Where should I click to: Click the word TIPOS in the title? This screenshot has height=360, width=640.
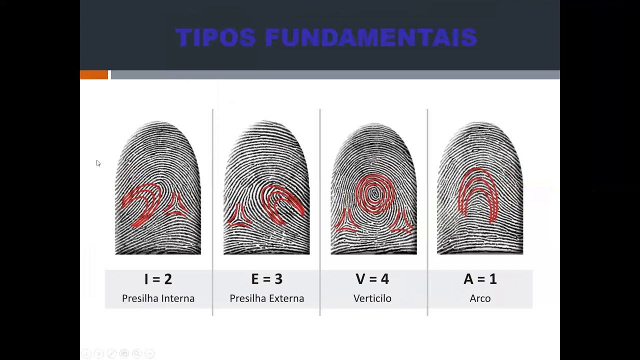click(215, 38)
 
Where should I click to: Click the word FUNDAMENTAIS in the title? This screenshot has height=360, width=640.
click(371, 38)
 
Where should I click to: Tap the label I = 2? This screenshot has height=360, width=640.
click(158, 279)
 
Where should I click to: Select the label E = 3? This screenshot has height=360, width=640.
click(266, 279)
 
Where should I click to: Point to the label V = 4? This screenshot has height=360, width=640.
click(372, 279)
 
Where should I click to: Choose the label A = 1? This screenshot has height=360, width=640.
click(480, 279)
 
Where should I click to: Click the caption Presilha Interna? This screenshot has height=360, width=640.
click(158, 298)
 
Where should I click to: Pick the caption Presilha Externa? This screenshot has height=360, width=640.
click(266, 298)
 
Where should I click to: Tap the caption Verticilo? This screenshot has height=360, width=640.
click(372, 298)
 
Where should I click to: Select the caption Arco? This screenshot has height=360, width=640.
click(480, 298)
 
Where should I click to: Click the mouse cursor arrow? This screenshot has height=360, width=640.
click(98, 163)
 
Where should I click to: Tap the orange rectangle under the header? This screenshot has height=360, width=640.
click(94, 75)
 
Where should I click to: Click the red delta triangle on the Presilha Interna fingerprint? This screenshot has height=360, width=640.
click(176, 205)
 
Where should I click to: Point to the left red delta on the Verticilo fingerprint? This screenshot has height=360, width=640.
click(347, 222)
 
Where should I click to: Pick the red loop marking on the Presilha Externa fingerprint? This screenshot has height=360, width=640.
click(283, 200)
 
